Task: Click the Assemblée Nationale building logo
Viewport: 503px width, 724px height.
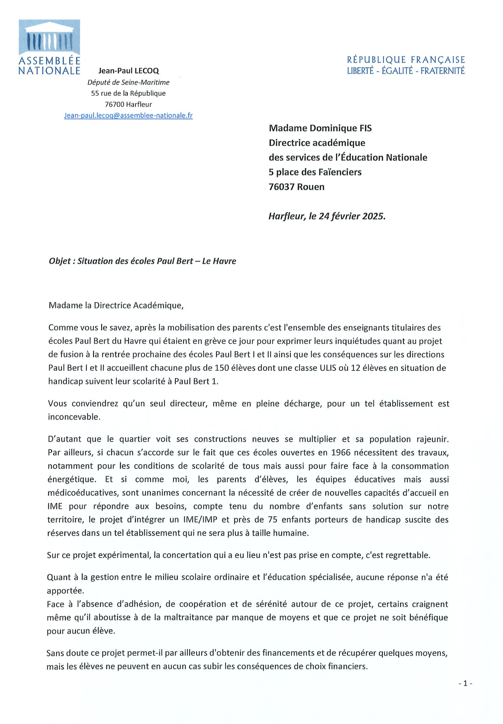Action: [49, 38]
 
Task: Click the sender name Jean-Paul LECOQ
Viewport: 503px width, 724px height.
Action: [129, 71]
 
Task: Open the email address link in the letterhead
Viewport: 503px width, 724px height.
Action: [128, 115]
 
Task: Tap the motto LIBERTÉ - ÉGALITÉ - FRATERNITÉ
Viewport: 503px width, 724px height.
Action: [406, 71]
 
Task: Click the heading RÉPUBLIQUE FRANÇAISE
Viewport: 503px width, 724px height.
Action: [406, 60]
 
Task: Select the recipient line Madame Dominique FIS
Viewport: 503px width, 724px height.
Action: [320, 128]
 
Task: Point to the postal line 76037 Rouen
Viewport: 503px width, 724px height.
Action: [296, 187]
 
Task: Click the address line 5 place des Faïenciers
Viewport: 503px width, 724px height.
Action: [315, 172]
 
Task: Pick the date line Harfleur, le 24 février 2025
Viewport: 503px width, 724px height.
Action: [327, 216]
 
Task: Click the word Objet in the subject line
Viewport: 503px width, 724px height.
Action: [60, 261]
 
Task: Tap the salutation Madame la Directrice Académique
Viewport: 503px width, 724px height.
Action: [116, 305]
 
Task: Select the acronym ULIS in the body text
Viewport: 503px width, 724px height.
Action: [330, 368]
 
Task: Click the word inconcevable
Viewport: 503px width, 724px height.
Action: [74, 417]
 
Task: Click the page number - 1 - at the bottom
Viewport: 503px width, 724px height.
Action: [465, 683]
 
